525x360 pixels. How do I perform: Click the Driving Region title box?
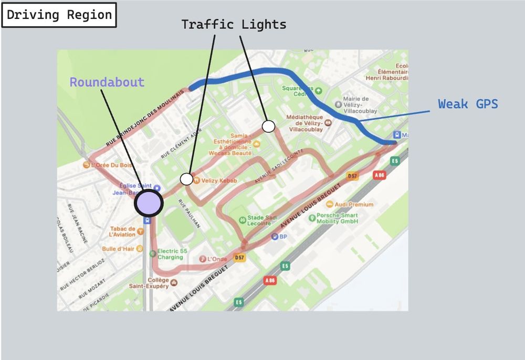[59, 15]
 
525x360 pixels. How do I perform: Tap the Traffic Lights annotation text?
[234, 24]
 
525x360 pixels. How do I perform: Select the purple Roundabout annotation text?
[107, 82]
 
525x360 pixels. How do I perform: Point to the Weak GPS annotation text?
[468, 104]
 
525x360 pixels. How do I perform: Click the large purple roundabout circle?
[149, 204]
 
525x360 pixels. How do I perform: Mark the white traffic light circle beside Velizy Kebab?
[186, 179]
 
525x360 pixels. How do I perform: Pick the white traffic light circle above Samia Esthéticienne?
[268, 126]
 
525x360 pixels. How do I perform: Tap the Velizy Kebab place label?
[219, 181]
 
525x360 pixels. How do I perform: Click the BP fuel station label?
[283, 237]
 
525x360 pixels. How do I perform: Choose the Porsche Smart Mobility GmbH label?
[337, 218]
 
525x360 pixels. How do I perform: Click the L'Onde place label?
[217, 259]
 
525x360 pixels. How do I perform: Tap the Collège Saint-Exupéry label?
[151, 283]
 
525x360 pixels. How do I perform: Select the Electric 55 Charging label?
[172, 255]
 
